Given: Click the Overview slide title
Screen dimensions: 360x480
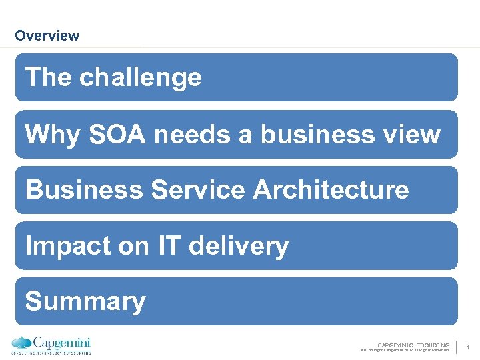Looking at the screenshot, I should coord(47,36).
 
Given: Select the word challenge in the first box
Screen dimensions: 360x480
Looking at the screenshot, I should coord(140,78).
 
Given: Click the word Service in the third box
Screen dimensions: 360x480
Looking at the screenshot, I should coord(198,190).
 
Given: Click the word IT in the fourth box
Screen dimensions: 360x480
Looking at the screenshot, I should coord(170,246).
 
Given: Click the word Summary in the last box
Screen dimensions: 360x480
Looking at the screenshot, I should coord(85,302).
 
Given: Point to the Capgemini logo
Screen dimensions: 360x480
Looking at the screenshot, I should coord(51,345).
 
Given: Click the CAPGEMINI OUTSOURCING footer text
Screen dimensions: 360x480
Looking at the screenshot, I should coord(413,345).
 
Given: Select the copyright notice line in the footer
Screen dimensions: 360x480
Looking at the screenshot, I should coord(405,350).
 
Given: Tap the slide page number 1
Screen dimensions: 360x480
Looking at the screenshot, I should coord(469,347).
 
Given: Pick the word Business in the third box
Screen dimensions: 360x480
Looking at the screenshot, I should coord(85,190).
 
